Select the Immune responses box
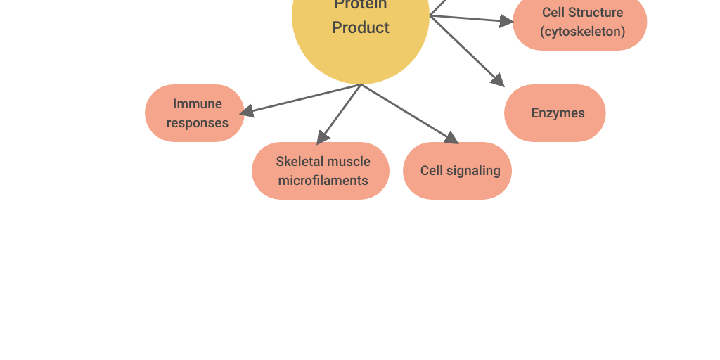click(195, 113)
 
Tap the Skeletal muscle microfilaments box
click(321, 171)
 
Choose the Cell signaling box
click(457, 171)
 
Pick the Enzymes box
click(555, 113)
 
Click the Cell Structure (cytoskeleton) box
click(580, 22)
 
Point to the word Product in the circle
click(361, 27)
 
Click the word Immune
click(198, 104)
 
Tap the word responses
click(198, 123)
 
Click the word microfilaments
click(323, 181)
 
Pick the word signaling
click(473, 171)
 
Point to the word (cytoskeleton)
click(582, 32)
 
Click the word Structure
click(596, 13)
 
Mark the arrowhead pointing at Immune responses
click(246, 111)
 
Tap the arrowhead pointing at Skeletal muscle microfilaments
click(322, 138)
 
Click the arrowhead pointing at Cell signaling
click(452, 138)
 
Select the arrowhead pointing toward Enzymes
click(499, 80)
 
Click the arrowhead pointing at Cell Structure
click(507, 21)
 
